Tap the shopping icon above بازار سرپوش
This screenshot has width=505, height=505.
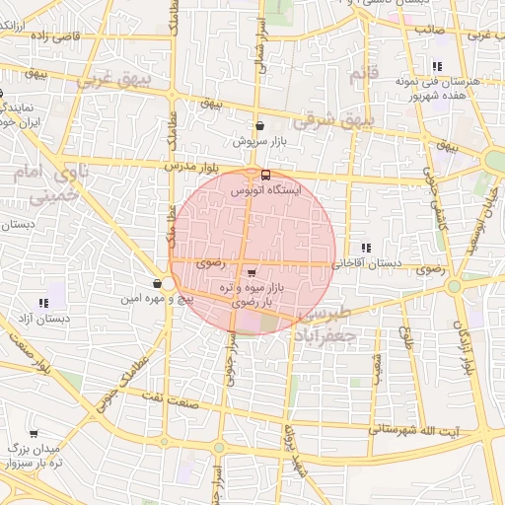click(259, 126)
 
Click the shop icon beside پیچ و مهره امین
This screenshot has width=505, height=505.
click(157, 284)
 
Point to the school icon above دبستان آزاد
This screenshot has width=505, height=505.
click(42, 303)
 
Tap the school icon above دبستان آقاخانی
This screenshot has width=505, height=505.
click(366, 248)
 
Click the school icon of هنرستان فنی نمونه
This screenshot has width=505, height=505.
click(436, 67)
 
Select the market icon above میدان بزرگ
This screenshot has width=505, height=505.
click(34, 433)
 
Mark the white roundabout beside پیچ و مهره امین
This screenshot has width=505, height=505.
click(168, 284)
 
